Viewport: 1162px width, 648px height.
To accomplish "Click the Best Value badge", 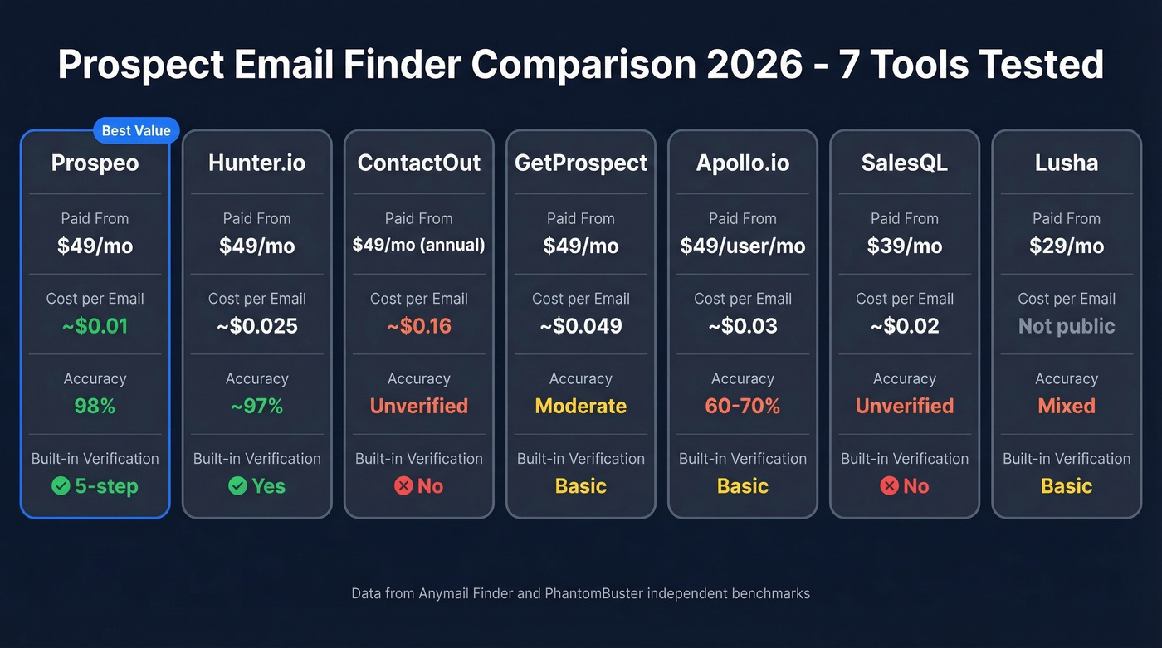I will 136,130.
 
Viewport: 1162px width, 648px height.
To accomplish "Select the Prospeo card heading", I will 95,163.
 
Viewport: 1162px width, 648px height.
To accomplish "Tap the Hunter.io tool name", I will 256,163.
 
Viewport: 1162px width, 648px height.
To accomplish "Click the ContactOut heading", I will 418,163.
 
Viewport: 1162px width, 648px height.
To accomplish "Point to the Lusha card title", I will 1066,163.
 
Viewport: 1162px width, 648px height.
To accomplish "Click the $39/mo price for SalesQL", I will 904,246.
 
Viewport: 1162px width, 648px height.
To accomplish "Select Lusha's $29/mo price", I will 1066,246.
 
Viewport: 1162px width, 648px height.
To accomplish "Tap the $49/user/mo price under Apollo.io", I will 742,246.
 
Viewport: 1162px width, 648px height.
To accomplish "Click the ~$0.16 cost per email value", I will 418,326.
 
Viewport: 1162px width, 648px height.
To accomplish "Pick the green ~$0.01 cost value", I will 95,326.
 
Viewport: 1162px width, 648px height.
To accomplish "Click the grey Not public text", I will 1066,326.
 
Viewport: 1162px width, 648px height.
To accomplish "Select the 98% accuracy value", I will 95,406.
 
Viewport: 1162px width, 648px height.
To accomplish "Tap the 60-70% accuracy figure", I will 742,406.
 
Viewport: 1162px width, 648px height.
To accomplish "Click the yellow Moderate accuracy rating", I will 580,406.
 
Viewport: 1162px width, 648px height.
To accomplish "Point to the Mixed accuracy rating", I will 1066,406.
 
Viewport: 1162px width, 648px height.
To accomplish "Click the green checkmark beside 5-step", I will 61,486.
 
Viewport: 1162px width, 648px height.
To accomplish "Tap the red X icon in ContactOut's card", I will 403,486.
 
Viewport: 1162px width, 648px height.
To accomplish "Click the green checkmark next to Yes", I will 237,486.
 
